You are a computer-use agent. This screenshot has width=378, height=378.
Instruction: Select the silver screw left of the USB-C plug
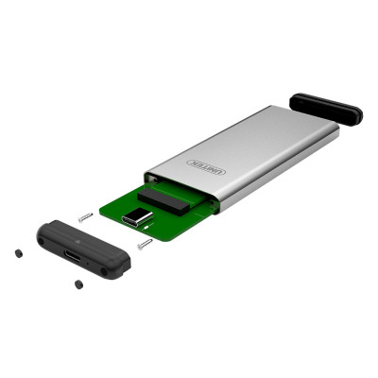tap(85, 216)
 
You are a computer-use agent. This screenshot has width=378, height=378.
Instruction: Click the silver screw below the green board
tap(145, 245)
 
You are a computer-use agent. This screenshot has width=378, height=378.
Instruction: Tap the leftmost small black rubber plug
tap(19, 253)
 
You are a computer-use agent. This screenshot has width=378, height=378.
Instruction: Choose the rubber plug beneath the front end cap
tap(77, 284)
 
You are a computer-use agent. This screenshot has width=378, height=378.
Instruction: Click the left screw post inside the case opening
tap(151, 179)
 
